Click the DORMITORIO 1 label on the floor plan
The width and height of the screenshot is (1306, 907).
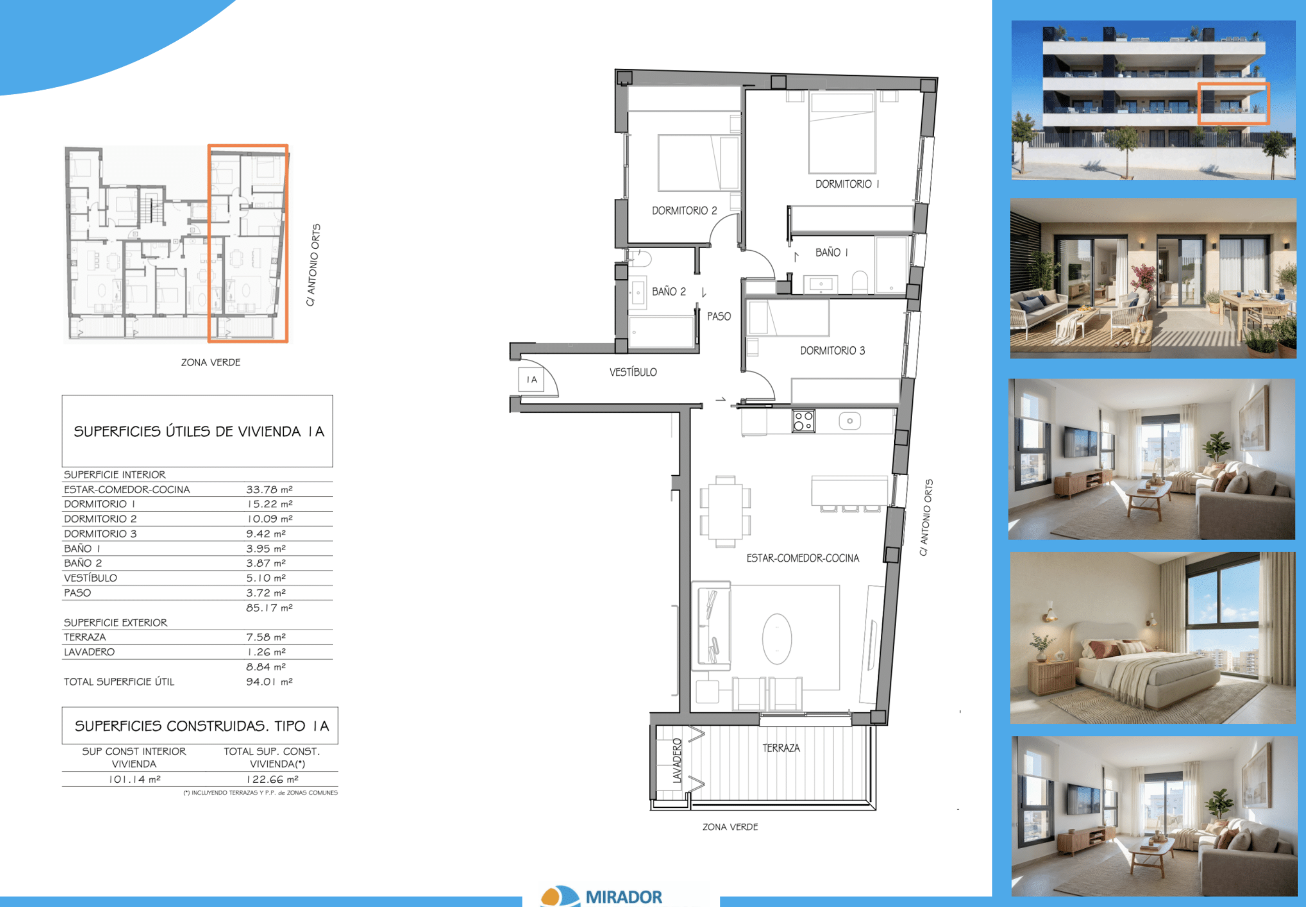[x=847, y=184]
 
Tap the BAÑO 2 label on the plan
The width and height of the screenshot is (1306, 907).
[x=669, y=291]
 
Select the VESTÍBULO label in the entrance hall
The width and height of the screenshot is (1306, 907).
[x=633, y=372]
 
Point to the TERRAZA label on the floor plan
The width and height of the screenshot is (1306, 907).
[x=781, y=748]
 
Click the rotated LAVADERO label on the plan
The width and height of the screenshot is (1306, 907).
[x=677, y=761]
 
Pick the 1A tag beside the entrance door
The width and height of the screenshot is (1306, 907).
[x=531, y=380]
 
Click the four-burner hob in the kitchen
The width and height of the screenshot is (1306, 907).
[x=803, y=421]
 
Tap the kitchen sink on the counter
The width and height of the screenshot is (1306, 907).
[x=849, y=421]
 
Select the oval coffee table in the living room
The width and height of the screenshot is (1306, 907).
[x=777, y=639]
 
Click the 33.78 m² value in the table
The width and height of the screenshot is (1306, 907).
[x=269, y=489]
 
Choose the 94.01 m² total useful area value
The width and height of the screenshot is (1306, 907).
[x=269, y=682]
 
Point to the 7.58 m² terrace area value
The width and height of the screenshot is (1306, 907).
[x=265, y=637]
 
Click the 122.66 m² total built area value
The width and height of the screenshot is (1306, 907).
[x=272, y=779]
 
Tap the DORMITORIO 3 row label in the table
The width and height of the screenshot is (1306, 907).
[x=100, y=534]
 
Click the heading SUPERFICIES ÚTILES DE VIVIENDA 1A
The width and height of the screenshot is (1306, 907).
[x=199, y=431]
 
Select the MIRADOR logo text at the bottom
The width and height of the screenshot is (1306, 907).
[x=623, y=897]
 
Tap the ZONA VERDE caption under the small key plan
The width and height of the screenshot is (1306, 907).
[x=210, y=362]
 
